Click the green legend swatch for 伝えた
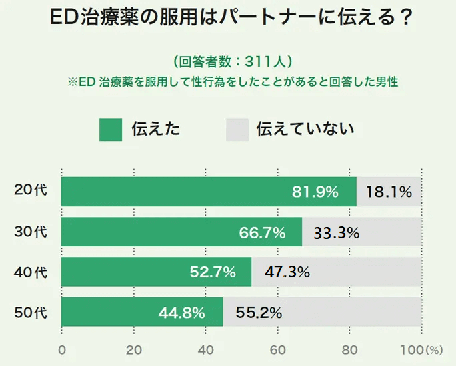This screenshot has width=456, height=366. pyautogui.click(x=111, y=130)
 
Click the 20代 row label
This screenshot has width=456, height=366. pyautogui.click(x=31, y=191)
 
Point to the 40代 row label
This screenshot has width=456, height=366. pyautogui.click(x=31, y=272)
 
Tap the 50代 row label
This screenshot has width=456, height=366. pyautogui.click(x=31, y=311)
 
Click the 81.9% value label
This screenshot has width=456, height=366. pyautogui.click(x=315, y=192)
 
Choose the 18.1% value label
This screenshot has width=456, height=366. pyautogui.click(x=389, y=192)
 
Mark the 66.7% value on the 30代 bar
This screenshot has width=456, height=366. pyautogui.click(x=262, y=232)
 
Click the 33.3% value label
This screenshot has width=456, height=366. pyautogui.click(x=337, y=232)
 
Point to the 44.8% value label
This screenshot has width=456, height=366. pyautogui.click(x=181, y=312)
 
